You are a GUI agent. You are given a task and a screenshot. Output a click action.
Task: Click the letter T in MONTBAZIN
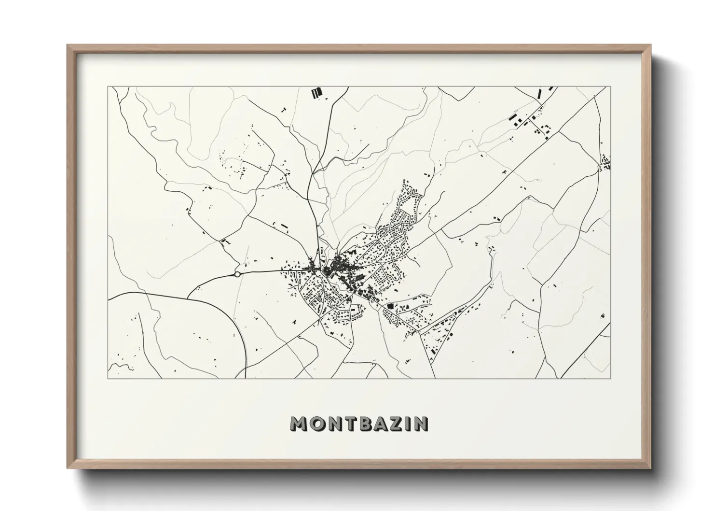[349, 424]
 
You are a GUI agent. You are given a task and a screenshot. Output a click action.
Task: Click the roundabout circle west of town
[237, 274]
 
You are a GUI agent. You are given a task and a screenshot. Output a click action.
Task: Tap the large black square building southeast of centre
[390, 306]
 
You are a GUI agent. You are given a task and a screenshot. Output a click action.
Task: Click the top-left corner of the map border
[108, 87]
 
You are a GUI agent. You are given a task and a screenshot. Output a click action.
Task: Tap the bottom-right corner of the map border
[611, 378]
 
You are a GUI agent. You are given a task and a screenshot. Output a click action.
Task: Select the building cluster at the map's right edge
[606, 163]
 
